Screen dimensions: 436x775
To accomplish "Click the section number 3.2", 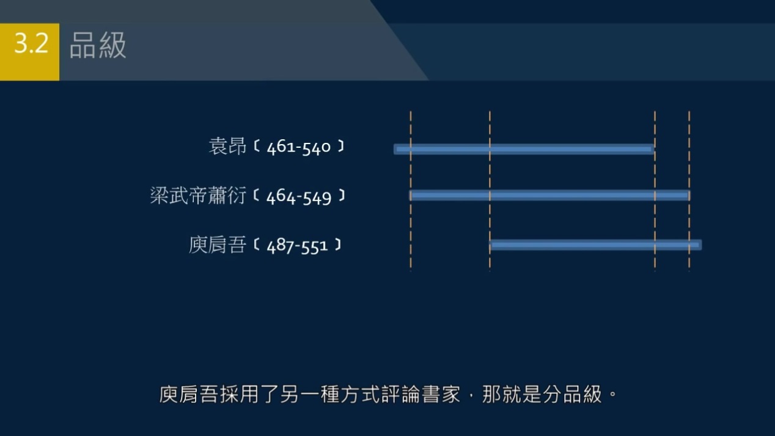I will click(x=31, y=44).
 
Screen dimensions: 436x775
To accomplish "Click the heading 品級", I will click(x=98, y=46).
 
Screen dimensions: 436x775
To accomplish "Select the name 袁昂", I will click(x=227, y=147).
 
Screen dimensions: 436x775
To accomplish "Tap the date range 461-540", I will click(x=299, y=148).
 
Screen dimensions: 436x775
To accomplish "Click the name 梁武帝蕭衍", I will click(x=198, y=196).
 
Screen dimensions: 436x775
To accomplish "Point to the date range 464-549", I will click(x=299, y=197).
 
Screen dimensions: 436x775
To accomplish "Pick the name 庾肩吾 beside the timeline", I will click(x=218, y=245).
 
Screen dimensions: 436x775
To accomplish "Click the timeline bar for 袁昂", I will click(x=524, y=149).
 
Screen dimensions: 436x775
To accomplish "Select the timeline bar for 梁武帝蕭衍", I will click(x=549, y=195).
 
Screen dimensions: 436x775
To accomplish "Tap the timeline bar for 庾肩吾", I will click(x=595, y=245).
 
